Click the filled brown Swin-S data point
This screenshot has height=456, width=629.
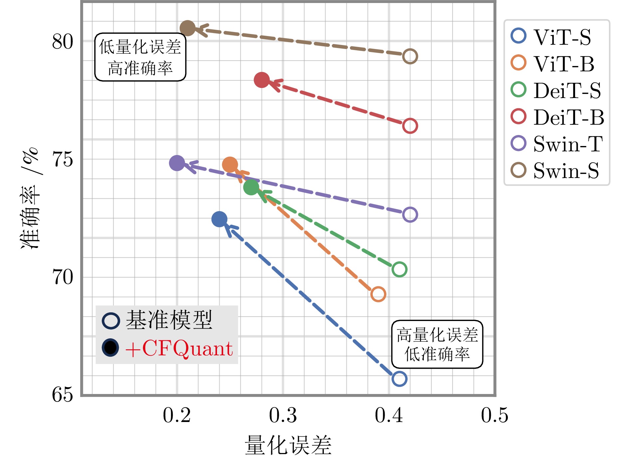(x=187, y=28)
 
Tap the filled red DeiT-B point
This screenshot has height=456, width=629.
(x=262, y=80)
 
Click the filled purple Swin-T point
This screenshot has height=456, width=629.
(x=177, y=163)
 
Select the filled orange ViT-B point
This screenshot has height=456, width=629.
(x=230, y=165)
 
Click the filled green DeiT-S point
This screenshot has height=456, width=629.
(x=251, y=187)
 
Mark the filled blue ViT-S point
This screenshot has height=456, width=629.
(x=219, y=219)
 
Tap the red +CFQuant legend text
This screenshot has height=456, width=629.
(x=179, y=349)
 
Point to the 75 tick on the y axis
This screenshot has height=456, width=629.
(x=62, y=159)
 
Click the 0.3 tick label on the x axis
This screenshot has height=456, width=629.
(x=283, y=415)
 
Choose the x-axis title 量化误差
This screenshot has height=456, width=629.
(x=288, y=445)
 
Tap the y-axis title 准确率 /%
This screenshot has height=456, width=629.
(x=30, y=198)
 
